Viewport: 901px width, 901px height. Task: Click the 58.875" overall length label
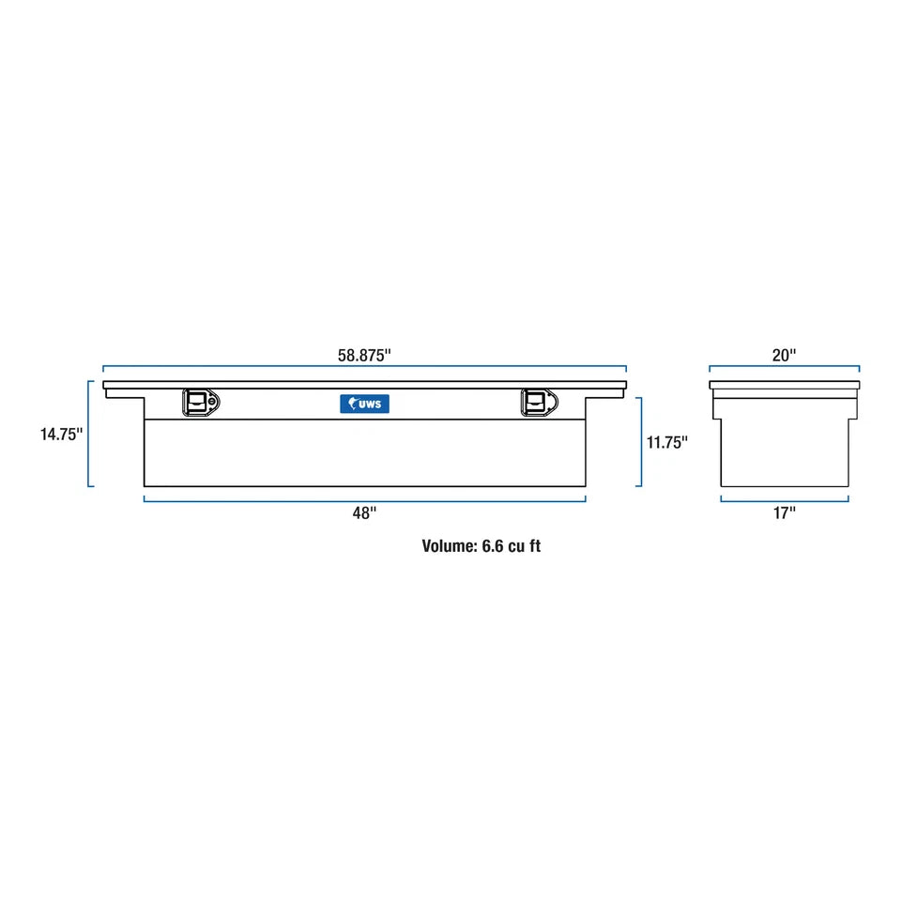(364, 355)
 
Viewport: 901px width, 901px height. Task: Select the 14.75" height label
(61, 434)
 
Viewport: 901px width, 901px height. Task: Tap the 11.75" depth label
(667, 442)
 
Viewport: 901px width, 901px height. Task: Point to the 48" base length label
(364, 512)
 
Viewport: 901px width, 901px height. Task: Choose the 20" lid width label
(784, 355)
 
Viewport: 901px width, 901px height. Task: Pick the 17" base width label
(784, 512)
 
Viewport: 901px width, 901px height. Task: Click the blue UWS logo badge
(364, 404)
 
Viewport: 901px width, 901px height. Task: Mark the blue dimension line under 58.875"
(364, 367)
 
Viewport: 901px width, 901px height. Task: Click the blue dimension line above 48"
(364, 500)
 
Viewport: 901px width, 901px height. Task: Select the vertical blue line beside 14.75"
(89, 434)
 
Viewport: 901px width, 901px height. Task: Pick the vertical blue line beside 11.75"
(641, 442)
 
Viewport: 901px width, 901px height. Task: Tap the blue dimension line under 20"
(784, 367)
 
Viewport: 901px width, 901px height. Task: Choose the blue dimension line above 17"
(784, 500)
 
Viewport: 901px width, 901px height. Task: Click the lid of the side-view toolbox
(784, 385)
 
